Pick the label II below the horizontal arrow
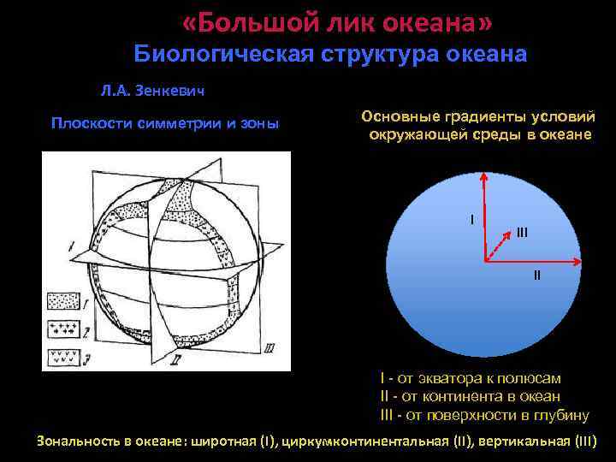coord(536,275)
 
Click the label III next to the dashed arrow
coord(522,232)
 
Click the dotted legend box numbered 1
coord(62,302)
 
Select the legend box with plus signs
coord(62,329)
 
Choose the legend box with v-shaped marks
coord(62,354)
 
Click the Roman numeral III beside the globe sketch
coord(270,346)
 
